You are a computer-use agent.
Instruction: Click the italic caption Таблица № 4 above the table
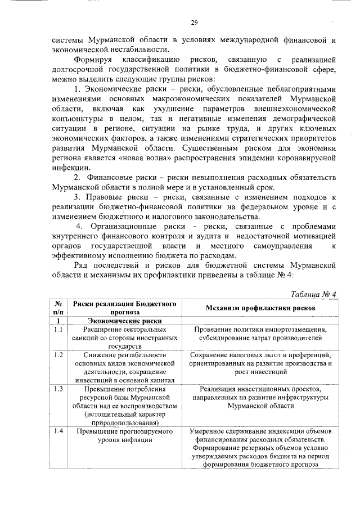pyautogui.click(x=314, y=295)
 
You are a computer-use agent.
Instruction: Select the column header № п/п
pyautogui.click(x=58, y=308)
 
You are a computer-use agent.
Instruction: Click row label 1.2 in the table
pyautogui.click(x=58, y=355)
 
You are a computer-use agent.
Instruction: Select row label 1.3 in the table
pyautogui.click(x=58, y=389)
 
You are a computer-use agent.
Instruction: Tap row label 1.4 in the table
pyautogui.click(x=58, y=431)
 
